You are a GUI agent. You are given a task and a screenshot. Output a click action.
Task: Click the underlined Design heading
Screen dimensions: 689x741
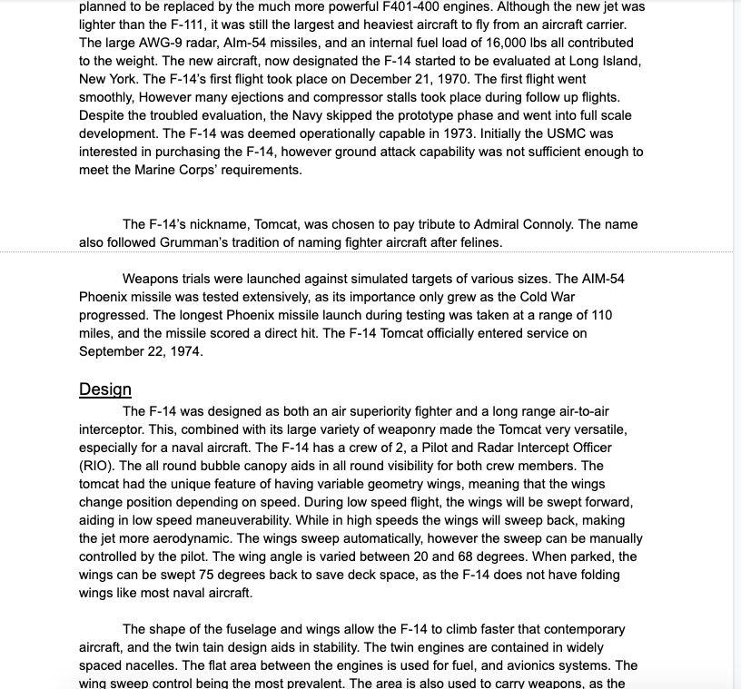pyautogui.click(x=104, y=389)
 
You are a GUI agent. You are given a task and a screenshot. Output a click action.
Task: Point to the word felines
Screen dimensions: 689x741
pyautogui.click(x=476, y=242)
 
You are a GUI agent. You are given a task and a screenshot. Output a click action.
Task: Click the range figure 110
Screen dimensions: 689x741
pyautogui.click(x=600, y=315)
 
